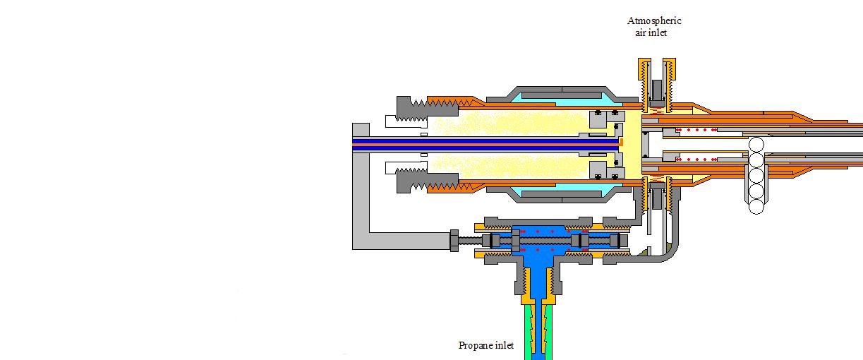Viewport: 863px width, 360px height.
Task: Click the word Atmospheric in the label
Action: click(654, 20)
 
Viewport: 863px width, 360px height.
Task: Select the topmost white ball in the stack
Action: click(756, 145)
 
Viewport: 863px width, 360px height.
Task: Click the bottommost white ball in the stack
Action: click(756, 207)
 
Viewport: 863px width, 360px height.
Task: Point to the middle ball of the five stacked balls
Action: click(756, 176)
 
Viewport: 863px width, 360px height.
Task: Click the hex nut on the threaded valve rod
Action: click(454, 241)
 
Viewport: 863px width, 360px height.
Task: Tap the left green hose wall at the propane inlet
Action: click(528, 332)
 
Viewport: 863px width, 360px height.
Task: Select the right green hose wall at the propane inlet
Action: click(548, 332)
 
